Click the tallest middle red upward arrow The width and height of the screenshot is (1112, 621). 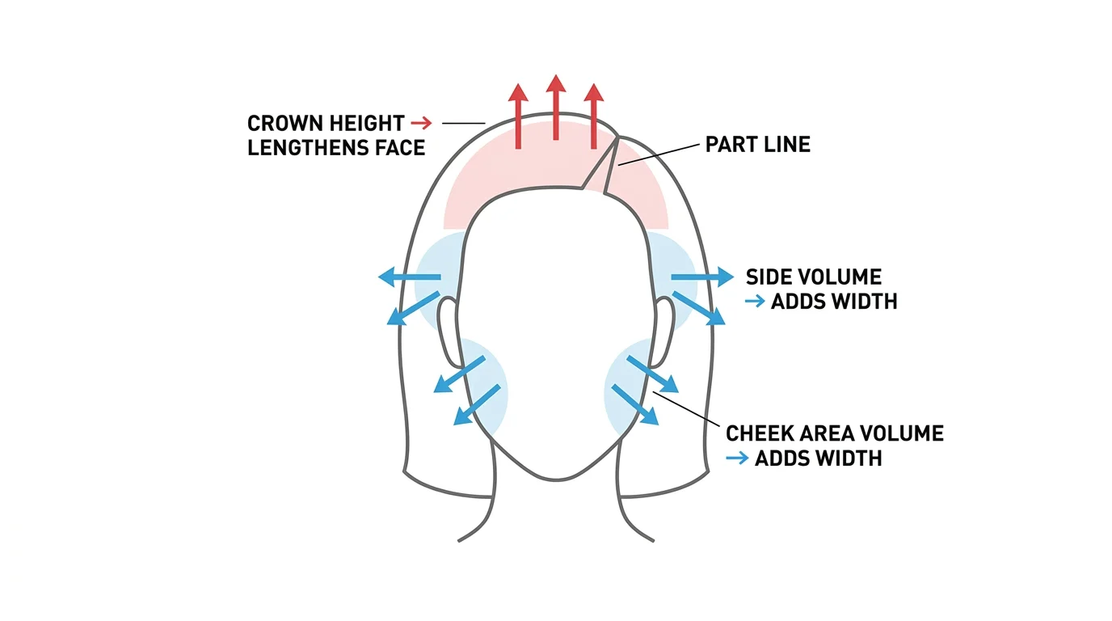556,107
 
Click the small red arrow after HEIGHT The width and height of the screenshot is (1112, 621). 422,123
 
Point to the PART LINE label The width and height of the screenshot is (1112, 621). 757,145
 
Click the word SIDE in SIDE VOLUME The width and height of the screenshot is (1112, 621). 769,277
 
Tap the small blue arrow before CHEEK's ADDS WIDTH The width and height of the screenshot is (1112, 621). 737,458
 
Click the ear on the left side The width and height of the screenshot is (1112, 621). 449,332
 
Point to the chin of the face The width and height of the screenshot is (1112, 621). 557,477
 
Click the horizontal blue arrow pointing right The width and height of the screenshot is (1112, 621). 702,277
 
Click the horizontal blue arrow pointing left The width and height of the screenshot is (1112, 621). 410,277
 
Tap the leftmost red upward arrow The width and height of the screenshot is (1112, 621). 518,116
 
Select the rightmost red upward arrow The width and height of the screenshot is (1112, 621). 594,116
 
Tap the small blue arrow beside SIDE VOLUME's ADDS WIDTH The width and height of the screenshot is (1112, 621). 755,301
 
